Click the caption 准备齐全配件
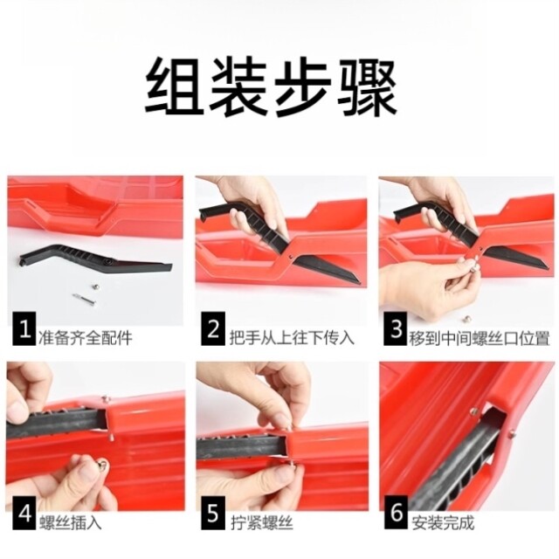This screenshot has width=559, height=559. click(86, 336)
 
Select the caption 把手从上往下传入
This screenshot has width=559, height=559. click(291, 336)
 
